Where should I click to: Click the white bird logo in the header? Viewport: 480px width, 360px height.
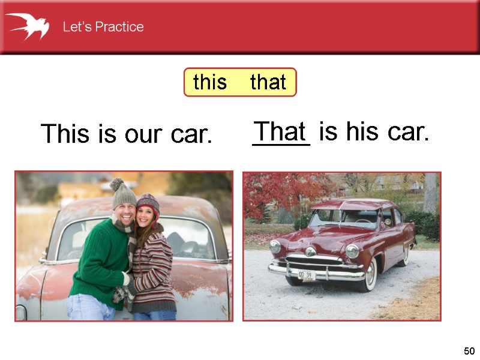pyautogui.click(x=27, y=26)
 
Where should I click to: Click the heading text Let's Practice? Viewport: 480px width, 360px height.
pyautogui.click(x=103, y=27)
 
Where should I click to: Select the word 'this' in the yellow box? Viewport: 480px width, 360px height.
pyautogui.click(x=210, y=82)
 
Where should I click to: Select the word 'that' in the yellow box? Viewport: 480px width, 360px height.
pyautogui.click(x=268, y=82)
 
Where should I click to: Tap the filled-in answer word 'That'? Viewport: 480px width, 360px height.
pyautogui.click(x=280, y=131)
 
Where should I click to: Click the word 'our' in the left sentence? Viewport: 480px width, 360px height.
pyautogui.click(x=145, y=134)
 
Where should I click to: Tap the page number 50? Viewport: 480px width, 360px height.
pyautogui.click(x=469, y=351)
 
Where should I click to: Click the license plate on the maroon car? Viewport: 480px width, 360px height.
pyautogui.click(x=307, y=275)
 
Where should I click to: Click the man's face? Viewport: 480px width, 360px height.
pyautogui.click(x=125, y=214)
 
